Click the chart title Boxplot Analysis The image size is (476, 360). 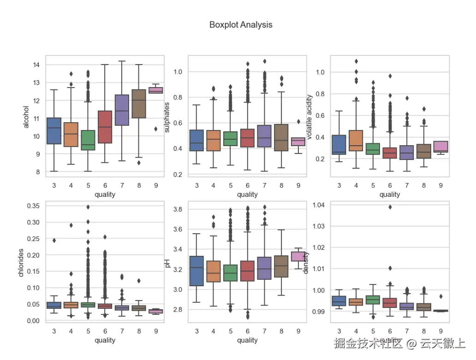(241, 25)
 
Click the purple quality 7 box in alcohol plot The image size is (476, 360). (122, 110)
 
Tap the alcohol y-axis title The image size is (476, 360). (26, 118)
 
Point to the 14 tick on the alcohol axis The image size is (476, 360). (36, 65)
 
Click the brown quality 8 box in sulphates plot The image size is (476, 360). (281, 137)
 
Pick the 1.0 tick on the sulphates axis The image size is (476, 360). (178, 72)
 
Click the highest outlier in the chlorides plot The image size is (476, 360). (88, 207)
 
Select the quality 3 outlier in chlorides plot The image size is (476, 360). (54, 240)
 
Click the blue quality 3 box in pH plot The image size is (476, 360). (197, 271)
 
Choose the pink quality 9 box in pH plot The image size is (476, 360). (298, 257)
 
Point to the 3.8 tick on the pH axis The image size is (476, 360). (178, 209)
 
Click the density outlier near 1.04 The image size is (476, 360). (390, 207)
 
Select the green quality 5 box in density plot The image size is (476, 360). (373, 300)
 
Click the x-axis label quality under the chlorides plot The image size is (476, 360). (105, 340)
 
